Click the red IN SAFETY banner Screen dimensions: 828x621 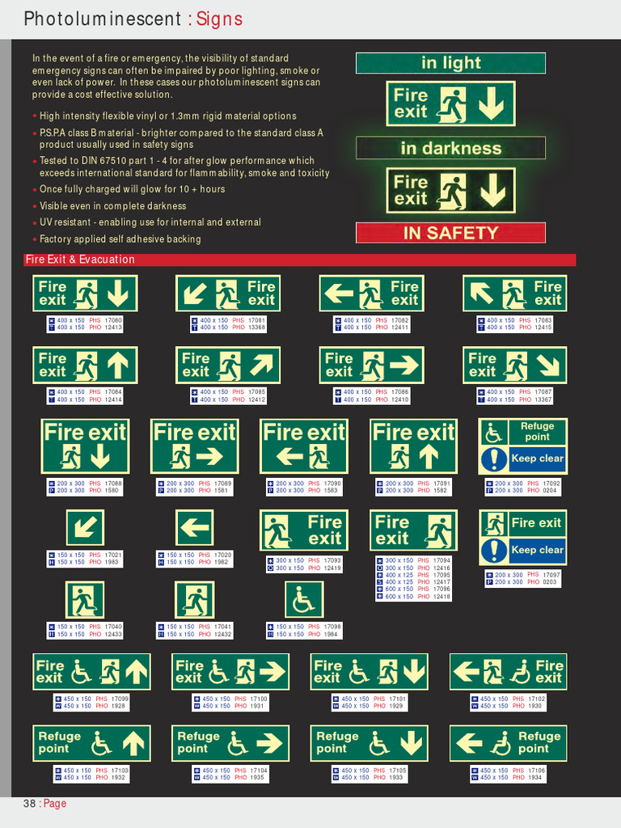450,233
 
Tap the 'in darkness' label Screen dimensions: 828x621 450,148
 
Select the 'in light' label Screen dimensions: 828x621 450,63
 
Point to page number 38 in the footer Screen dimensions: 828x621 29,804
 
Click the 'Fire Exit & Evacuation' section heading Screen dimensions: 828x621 80,260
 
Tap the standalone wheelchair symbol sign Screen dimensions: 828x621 304,600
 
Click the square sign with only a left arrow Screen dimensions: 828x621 194,528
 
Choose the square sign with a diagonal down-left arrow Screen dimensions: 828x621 85,528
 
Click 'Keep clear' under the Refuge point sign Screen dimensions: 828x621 537,458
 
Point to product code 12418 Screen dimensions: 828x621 441,596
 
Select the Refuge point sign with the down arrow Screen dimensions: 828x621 369,743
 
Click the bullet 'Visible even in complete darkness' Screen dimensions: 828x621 112,206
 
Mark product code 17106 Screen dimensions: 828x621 536,771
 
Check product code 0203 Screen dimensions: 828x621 550,581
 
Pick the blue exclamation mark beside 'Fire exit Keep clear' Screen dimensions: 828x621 493,551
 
